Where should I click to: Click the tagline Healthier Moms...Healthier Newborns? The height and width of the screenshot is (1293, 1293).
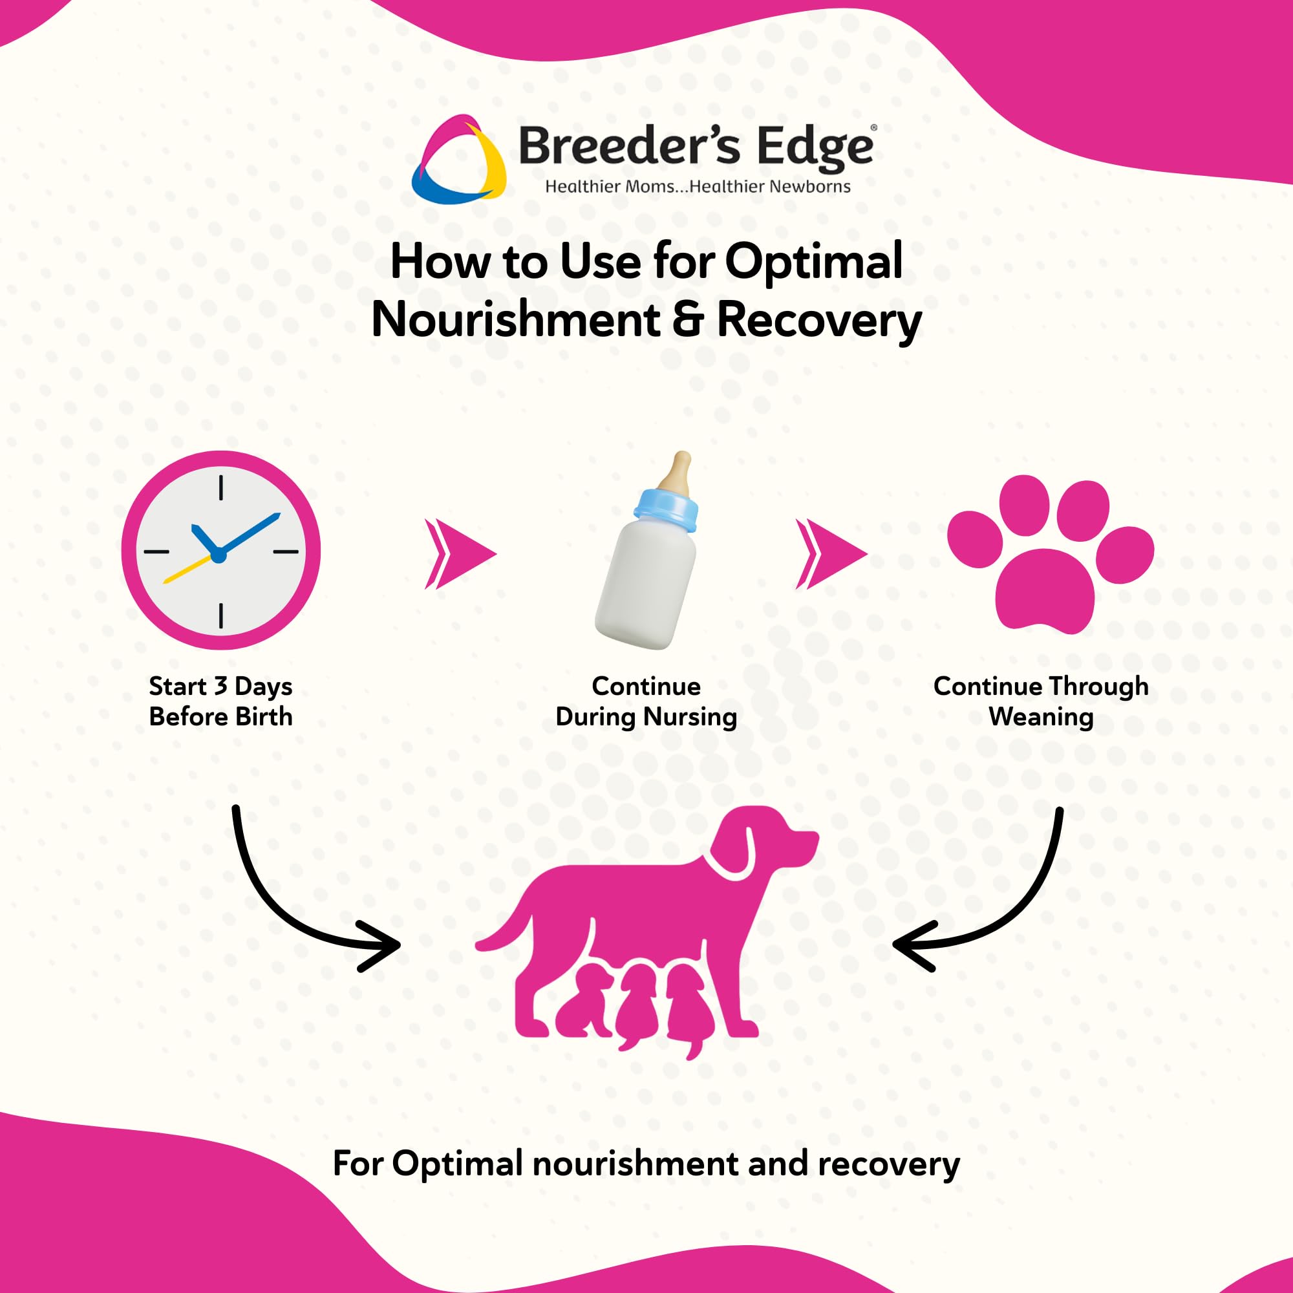coord(698,187)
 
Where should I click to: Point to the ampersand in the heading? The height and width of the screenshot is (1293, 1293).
coord(688,320)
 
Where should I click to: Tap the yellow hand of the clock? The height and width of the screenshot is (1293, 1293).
coord(187,568)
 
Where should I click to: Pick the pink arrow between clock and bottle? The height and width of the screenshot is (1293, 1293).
coord(460,553)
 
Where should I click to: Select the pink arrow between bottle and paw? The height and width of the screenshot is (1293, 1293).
coord(831,553)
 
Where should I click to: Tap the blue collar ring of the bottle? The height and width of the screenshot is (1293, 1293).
coord(666,508)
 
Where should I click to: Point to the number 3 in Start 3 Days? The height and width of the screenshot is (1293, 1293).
coord(220,687)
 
